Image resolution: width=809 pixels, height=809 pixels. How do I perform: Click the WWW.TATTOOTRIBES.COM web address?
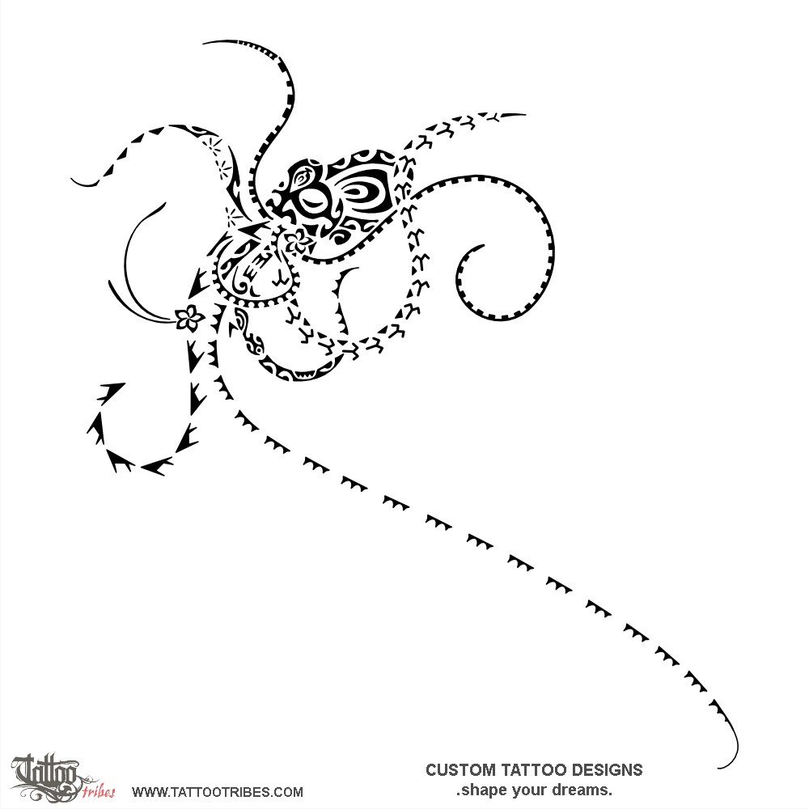217,792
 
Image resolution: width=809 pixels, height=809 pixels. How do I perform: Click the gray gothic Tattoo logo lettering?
46,774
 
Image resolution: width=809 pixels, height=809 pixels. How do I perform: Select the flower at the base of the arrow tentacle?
189,317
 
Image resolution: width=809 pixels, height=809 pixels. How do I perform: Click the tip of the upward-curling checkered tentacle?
205,43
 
